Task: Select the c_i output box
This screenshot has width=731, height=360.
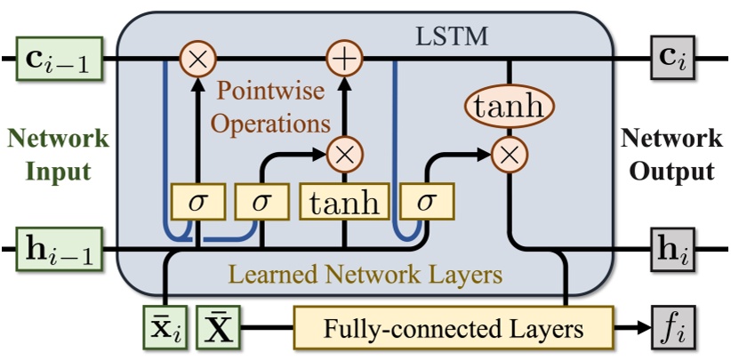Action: coord(673,60)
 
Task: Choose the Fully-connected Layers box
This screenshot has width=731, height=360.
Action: coord(453,329)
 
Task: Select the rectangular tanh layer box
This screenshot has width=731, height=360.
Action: coord(343,202)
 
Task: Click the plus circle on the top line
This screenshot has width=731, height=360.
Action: coord(343,60)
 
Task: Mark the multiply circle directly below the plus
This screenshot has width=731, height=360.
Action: coord(343,153)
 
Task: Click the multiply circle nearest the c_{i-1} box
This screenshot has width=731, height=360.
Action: coord(195,60)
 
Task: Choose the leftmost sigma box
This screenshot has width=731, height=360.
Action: coord(195,202)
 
